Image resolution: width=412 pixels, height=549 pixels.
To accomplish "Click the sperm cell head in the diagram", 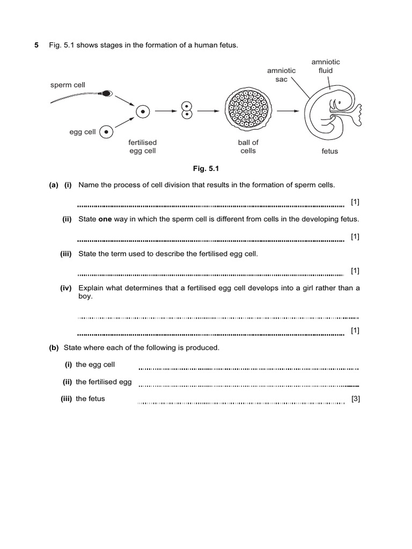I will coord(107,93).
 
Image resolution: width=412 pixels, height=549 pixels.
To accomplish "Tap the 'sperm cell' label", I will coord(68,85).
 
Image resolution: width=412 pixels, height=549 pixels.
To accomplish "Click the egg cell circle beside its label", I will coord(107,131).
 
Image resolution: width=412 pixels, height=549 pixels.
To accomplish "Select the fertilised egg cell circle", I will coord(143,112).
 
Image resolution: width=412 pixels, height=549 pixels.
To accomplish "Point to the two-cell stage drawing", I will coord(186,110).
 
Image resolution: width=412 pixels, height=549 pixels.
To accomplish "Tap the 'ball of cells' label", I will coord(248,146).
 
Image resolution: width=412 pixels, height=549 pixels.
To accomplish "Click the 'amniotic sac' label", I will coord(278,75).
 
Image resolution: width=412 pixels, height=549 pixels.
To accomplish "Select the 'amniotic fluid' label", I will coord(326,66).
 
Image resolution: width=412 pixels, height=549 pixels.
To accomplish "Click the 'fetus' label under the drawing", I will coord(330,151).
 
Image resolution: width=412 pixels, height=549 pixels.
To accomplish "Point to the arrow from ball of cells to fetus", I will coord(288,112).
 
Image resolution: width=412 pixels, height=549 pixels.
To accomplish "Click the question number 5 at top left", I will coord(36,46).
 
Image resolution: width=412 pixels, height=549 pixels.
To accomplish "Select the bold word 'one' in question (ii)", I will coord(105,219).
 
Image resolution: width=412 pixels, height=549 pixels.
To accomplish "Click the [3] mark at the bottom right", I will coord(355,399).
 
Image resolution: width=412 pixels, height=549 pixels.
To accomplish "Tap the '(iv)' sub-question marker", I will coord(65,288).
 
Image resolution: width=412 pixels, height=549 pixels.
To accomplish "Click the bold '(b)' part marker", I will coord(54,347).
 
